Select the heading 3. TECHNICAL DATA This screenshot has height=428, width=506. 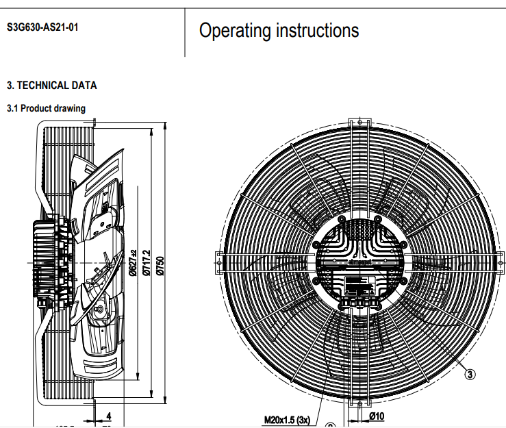52,86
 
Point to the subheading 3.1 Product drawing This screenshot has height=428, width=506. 46,108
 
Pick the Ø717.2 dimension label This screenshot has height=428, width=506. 146,262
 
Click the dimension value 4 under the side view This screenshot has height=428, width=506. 108,416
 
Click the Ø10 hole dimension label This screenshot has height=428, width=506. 376,416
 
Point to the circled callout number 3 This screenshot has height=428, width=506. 470,374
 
